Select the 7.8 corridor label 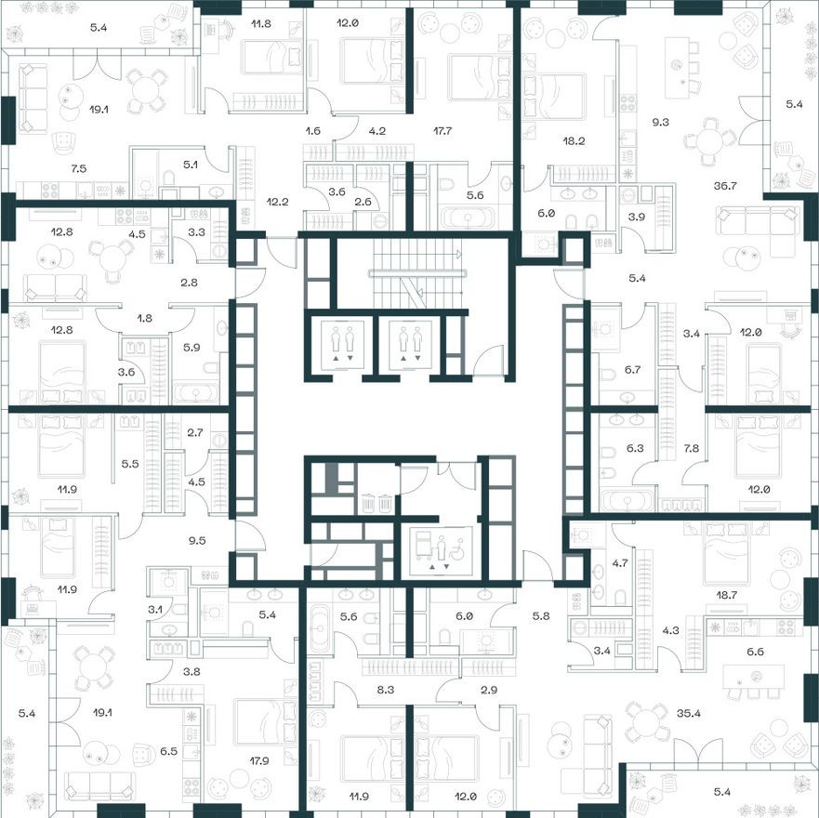click(x=692, y=449)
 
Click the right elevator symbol click(x=410, y=343)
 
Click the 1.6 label click(x=312, y=131)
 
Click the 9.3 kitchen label click(x=661, y=121)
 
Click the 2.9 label click(x=463, y=690)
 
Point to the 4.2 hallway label click(x=376, y=131)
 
